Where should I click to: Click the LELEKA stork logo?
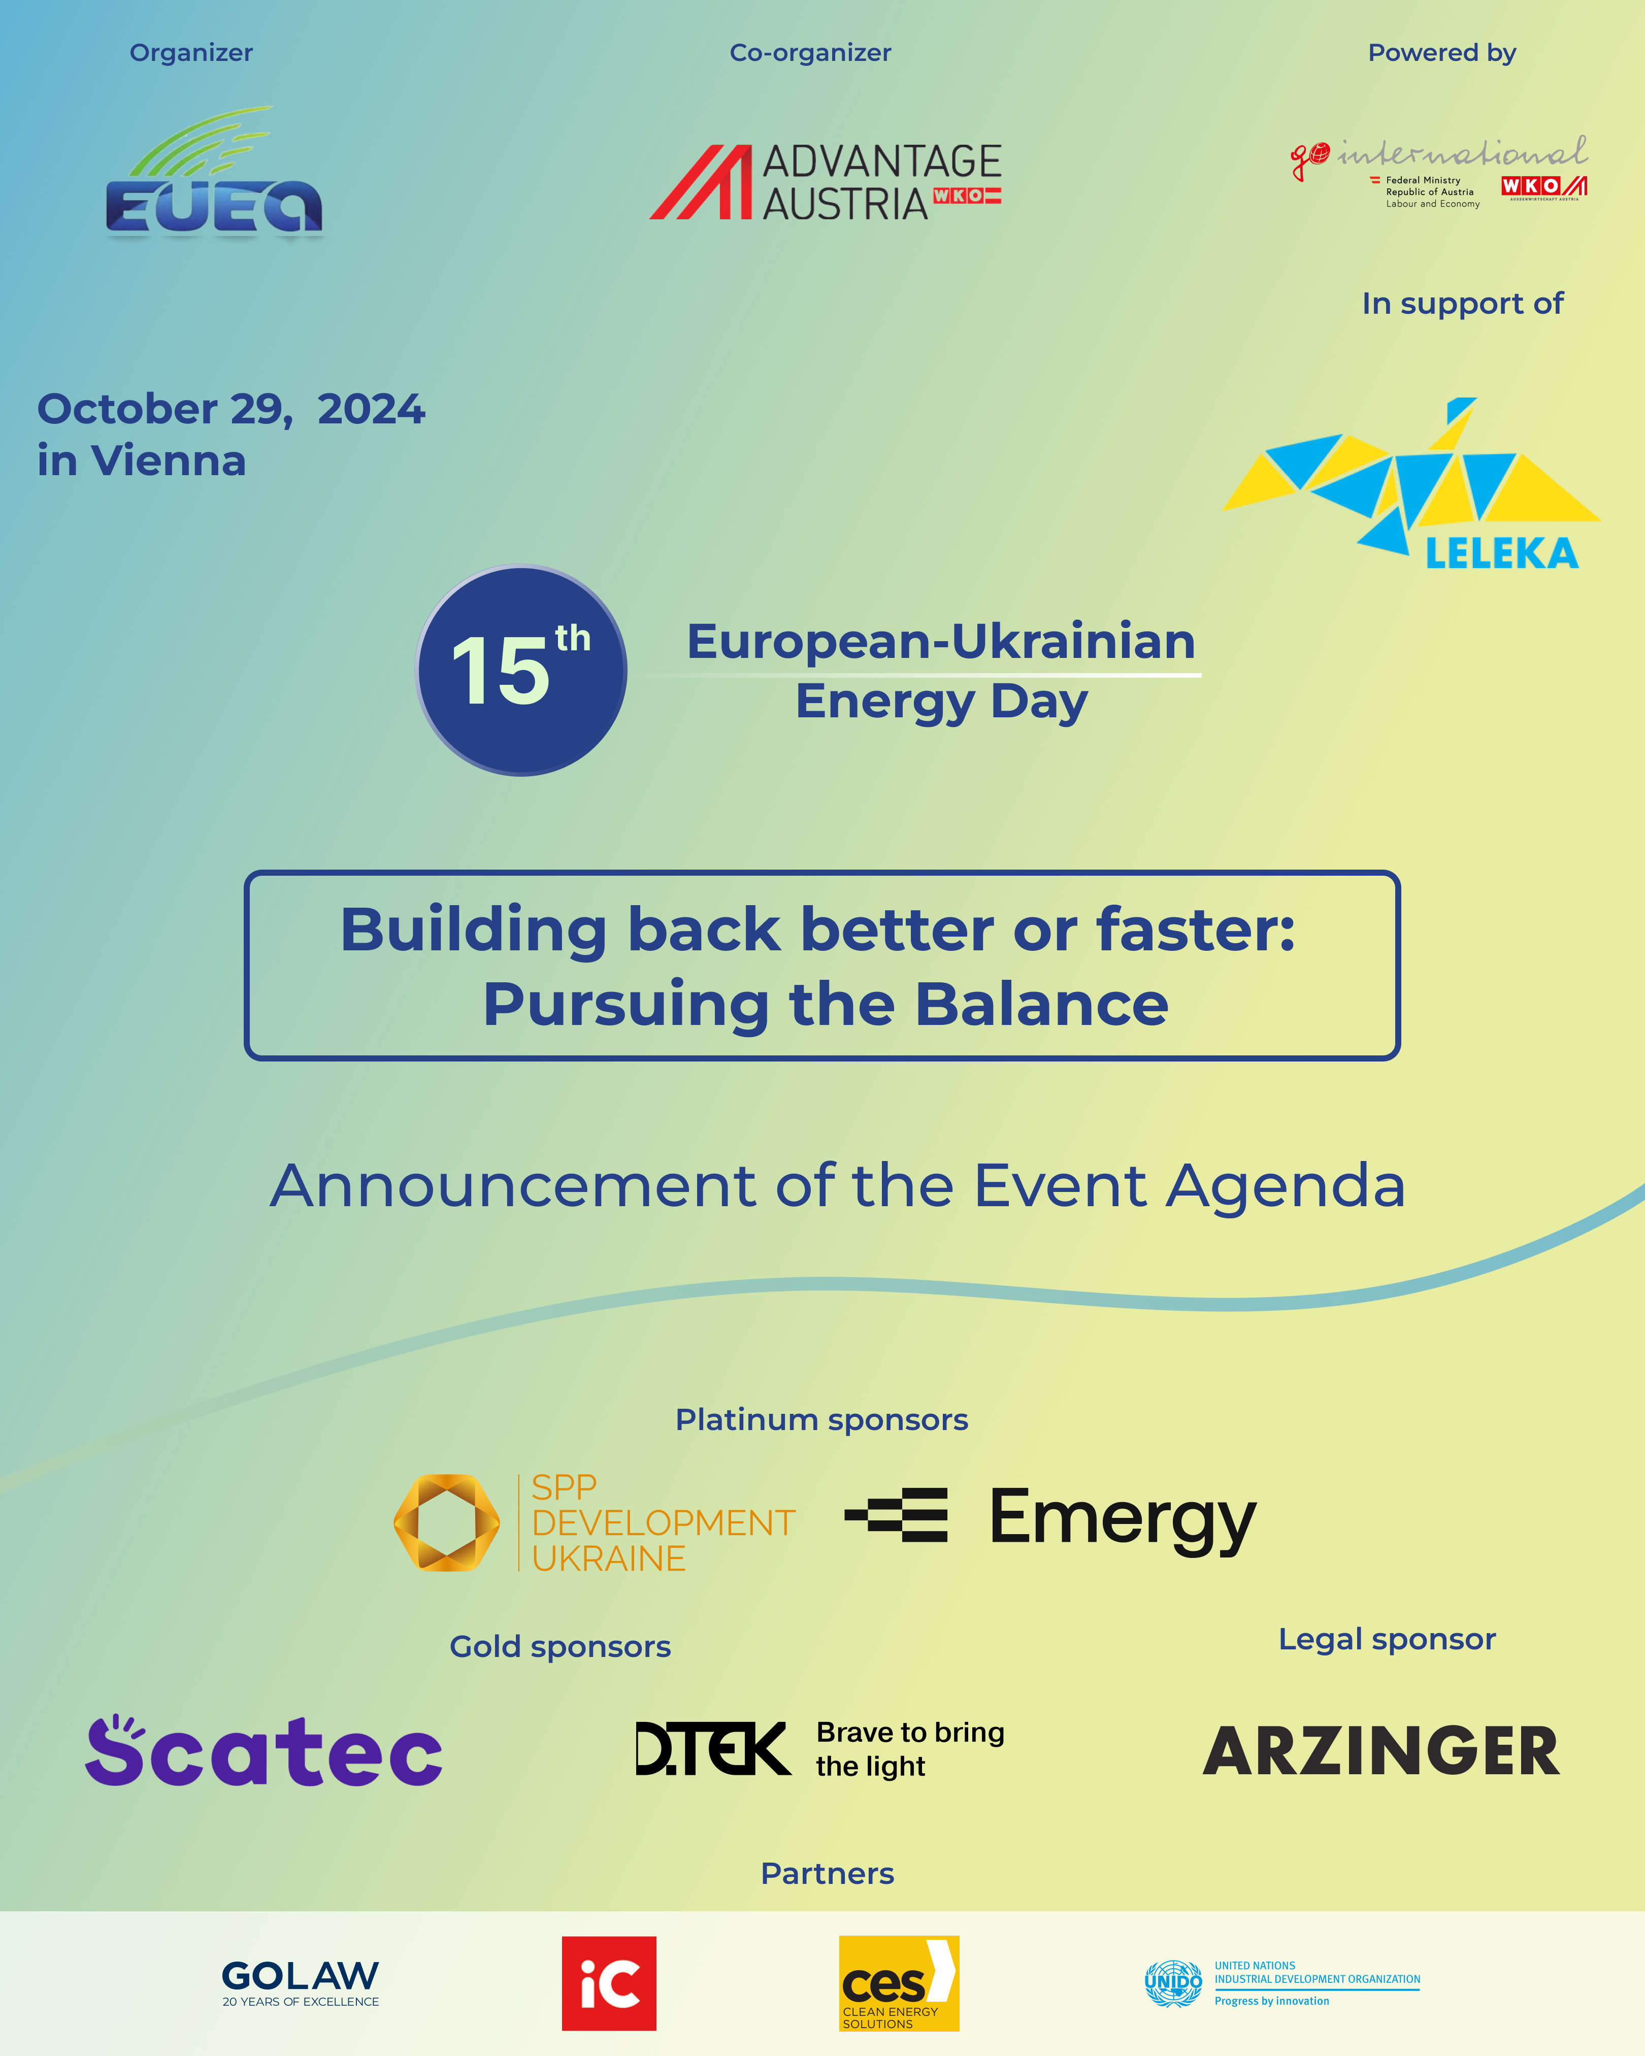(1411, 483)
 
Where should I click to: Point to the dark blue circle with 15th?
(521, 671)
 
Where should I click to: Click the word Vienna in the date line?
(169, 460)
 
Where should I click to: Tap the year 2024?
(371, 409)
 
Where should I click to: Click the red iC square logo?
(608, 1982)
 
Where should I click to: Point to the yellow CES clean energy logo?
(898, 1982)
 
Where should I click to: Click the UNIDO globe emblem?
(1173, 1983)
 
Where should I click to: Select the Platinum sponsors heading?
(822, 1420)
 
